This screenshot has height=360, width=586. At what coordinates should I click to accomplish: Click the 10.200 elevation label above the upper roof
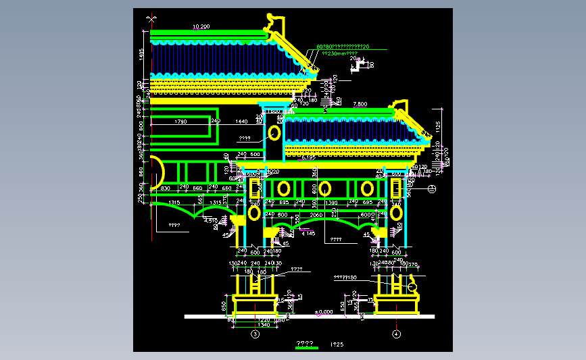coord(201,26)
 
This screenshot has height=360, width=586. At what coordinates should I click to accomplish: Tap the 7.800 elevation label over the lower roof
coord(360,104)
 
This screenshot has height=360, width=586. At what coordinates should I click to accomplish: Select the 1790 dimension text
coord(180,122)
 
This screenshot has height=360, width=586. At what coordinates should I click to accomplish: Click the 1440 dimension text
coord(241,122)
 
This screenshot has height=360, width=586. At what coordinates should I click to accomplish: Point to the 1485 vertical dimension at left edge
coord(141,54)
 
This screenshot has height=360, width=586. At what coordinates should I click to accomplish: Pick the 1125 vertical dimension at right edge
coord(438,126)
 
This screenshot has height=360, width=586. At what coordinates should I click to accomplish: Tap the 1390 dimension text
coord(331,203)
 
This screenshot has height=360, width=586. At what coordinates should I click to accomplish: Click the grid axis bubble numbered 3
coord(255,334)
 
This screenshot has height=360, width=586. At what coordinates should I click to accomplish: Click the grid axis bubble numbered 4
coord(396,334)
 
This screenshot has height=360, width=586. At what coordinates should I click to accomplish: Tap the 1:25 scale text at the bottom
coord(337,344)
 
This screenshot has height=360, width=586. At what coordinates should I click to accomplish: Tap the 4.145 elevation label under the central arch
coord(308,233)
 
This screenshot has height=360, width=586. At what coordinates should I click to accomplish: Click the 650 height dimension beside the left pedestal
coord(224,305)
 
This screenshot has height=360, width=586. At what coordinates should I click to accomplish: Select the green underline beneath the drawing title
coord(306,348)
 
